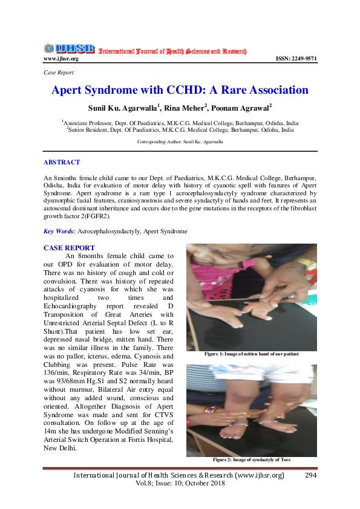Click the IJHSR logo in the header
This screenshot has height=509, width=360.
pyautogui.click(x=68, y=48)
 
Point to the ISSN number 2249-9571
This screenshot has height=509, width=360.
pyautogui.click(x=296, y=59)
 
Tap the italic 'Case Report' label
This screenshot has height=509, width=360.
pyautogui.click(x=59, y=72)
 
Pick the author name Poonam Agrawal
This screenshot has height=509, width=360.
pyautogui.click(x=246, y=108)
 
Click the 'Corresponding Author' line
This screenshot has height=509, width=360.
pyautogui.click(x=180, y=141)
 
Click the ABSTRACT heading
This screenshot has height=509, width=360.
pyautogui.click(x=62, y=162)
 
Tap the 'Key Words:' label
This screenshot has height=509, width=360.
pyautogui.click(x=59, y=232)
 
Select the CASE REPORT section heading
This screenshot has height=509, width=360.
pyautogui.click(x=69, y=248)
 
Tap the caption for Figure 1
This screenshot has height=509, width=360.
pyautogui.click(x=251, y=354)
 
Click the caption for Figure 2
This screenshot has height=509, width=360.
pyautogui.click(x=251, y=460)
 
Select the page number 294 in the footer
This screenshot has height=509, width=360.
pyautogui.click(x=311, y=476)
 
